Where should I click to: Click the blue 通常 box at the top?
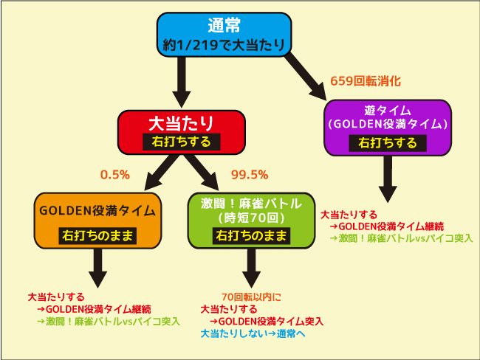point(224,35)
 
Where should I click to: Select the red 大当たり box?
point(182,132)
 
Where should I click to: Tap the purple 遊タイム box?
point(388,128)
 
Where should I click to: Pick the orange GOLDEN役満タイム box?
point(97,221)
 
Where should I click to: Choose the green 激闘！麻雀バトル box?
point(251,221)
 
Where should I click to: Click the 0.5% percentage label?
point(115,175)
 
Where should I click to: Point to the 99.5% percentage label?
point(250,175)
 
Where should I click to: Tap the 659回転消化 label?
point(366,81)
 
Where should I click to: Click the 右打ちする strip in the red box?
point(182,142)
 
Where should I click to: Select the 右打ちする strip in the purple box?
point(388,143)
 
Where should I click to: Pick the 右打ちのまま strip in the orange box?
point(97,235)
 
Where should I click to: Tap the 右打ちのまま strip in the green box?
point(251,235)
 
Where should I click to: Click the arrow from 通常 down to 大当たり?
point(182,82)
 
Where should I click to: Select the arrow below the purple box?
point(388,179)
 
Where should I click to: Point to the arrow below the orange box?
point(97,268)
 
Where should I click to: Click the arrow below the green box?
point(251,268)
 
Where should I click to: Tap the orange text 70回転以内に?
point(251,297)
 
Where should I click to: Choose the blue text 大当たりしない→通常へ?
point(253,333)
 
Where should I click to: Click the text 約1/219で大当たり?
point(224,46)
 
